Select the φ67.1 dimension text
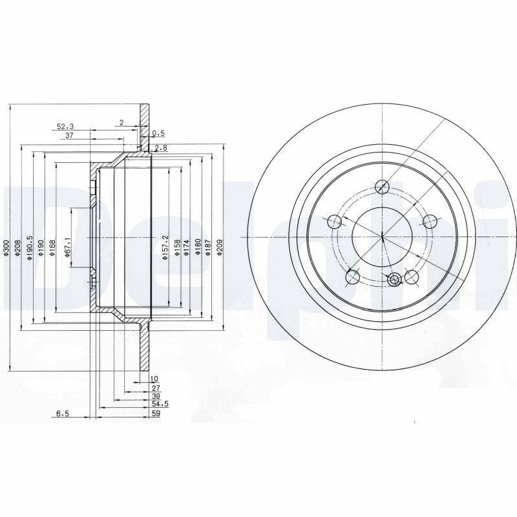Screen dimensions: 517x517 (x=67, y=248)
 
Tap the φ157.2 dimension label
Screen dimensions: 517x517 (x=165, y=248)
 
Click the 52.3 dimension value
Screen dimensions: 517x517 (x=65, y=127)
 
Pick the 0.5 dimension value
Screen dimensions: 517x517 (x=158, y=134)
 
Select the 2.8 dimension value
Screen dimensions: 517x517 (x=162, y=148)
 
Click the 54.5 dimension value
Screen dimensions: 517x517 (x=151, y=404)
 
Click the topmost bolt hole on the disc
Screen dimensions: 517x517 (x=383, y=187)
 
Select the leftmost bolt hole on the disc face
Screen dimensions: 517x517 (x=334, y=222)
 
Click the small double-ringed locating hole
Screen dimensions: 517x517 (x=395, y=279)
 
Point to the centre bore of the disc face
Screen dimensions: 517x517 (x=383, y=237)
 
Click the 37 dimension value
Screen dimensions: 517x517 (x=69, y=136)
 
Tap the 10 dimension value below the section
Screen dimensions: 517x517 (x=154, y=379)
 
